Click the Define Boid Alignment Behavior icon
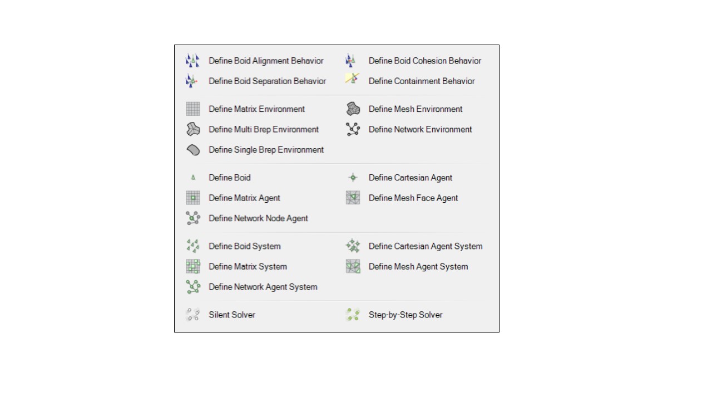pos(192,61)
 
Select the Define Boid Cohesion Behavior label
pos(424,61)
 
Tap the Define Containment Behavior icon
pos(353,79)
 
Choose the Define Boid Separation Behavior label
pos(268,81)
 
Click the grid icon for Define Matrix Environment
pos(193,109)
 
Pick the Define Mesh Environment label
pos(416,109)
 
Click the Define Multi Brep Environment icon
pos(193,129)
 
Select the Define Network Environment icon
pos(353,129)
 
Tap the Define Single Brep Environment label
pos(266,150)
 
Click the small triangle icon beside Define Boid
pos(193,177)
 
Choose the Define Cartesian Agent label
pos(410,178)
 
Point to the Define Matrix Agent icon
pos(193,198)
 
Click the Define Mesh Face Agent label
pos(413,198)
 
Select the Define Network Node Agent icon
pos(193,218)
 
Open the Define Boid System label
pos(244,246)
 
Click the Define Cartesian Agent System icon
pos(353,246)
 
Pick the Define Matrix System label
pos(248,267)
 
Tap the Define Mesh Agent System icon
pos(353,266)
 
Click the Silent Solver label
pos(232,315)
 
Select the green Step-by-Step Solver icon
pos(353,315)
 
